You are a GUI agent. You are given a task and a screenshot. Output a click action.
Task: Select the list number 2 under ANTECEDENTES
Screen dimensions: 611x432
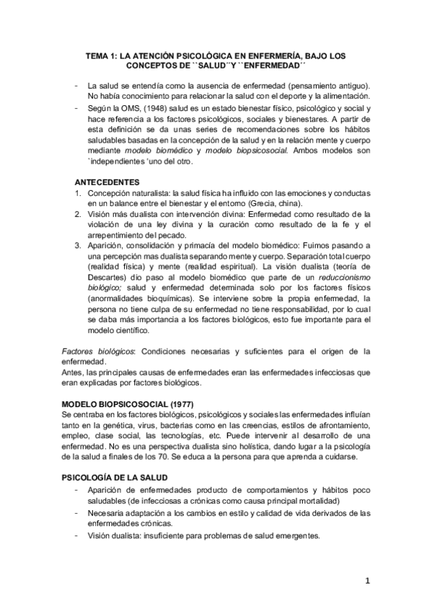coord(78,214)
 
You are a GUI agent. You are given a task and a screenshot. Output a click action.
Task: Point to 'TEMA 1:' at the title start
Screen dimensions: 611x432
coord(101,54)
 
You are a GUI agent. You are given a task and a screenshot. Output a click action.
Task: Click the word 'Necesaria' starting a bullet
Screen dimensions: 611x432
coord(108,513)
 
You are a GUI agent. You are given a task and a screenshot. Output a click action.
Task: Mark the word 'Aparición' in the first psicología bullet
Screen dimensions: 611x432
coord(108,490)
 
